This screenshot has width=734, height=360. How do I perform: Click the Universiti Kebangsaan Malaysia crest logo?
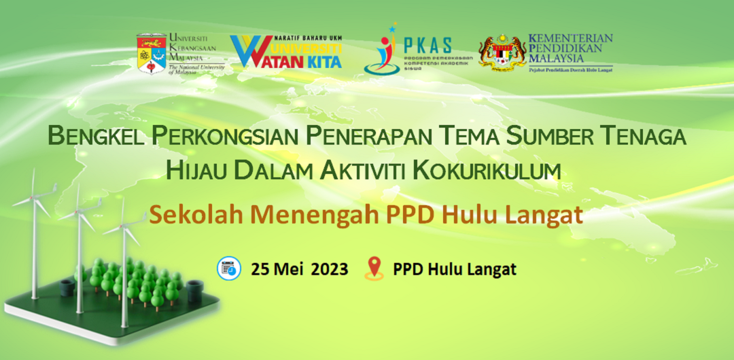pos(151,52)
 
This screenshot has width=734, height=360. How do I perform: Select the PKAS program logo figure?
pos(382,53)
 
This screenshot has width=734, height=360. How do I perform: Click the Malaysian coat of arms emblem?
pos(502,52)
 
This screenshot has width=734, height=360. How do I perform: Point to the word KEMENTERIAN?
pos(570,38)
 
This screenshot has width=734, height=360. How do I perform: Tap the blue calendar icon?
pos(229,268)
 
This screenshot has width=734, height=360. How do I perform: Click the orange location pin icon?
pos(374,268)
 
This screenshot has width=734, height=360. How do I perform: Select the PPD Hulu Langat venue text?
pos(455,269)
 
